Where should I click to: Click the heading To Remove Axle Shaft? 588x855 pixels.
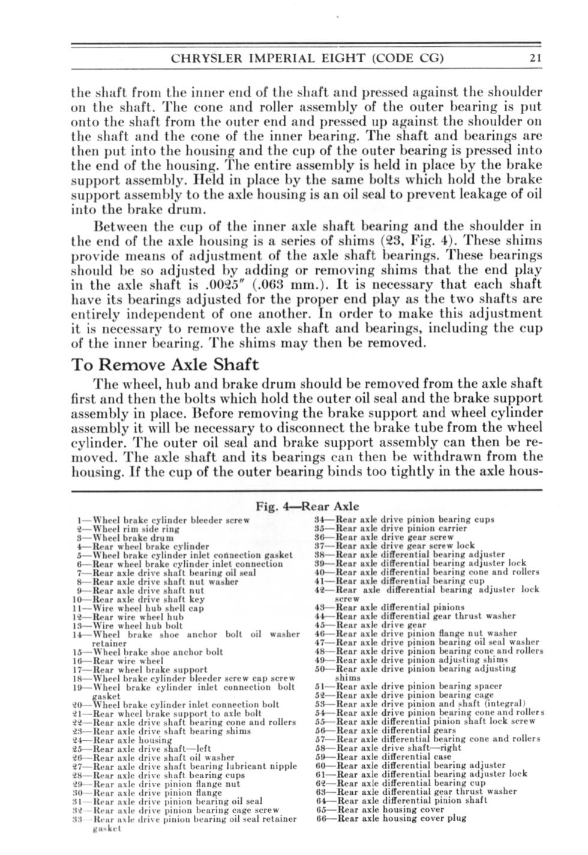(x=165, y=364)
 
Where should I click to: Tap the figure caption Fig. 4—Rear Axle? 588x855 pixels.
(x=307, y=506)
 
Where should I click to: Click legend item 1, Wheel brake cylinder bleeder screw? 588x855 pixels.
(x=163, y=520)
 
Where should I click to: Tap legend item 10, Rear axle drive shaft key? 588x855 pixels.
(x=138, y=599)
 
